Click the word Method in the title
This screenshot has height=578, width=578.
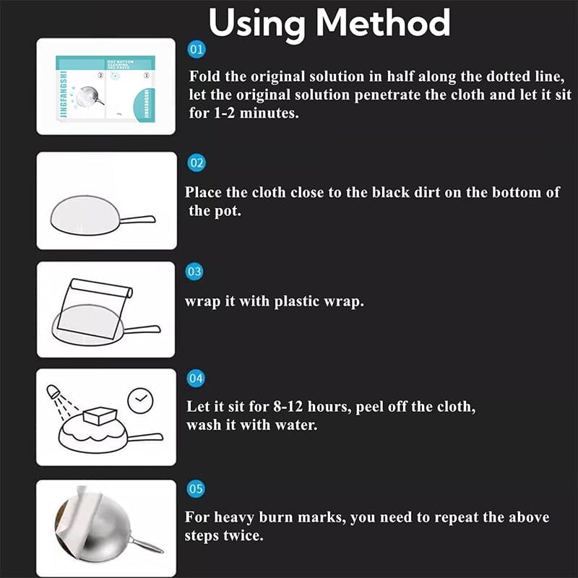[x=384, y=23]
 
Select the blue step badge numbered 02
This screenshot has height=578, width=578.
[x=196, y=163]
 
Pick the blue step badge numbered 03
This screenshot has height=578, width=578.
[x=194, y=272]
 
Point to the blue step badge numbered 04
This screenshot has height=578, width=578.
[x=195, y=379]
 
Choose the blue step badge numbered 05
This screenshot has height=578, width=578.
[x=195, y=489]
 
